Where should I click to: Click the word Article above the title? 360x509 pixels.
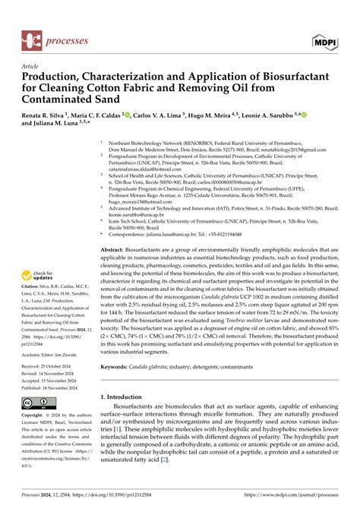pyautogui.click(x=30, y=66)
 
